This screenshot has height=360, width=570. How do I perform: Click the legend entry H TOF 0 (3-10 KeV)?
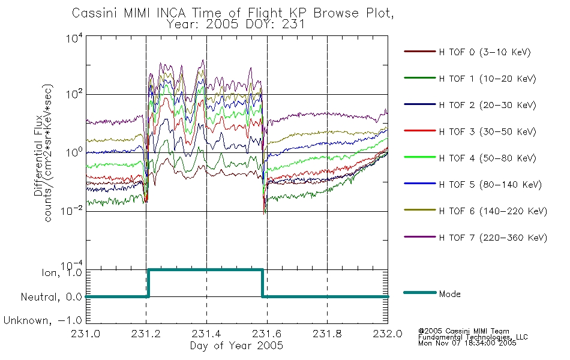pos(467,52)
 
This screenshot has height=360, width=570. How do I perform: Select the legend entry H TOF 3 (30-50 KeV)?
pos(470,131)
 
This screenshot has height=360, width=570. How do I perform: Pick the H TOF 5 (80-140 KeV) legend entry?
pos(473,185)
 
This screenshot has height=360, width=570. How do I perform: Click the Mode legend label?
pos(449,294)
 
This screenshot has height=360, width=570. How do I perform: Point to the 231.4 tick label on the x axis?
pos(206,334)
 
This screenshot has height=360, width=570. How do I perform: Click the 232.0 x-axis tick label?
pos(388,334)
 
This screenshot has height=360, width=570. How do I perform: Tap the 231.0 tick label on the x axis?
pos(85,334)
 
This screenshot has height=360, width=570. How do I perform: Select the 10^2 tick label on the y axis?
pos(74,94)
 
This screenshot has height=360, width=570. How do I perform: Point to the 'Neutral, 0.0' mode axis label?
pos(51,297)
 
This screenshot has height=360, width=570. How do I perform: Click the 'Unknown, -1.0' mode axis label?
pos(43,320)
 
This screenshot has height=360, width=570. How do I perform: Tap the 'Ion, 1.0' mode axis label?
pos(61,272)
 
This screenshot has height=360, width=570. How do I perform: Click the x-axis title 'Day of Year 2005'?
pos(236,346)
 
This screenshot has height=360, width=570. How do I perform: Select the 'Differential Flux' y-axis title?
pos(38,157)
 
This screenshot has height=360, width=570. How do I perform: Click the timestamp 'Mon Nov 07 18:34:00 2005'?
pos(467,343)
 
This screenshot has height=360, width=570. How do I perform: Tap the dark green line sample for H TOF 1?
pos(420,78)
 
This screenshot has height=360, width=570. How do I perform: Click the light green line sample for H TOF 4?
pos(420,157)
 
